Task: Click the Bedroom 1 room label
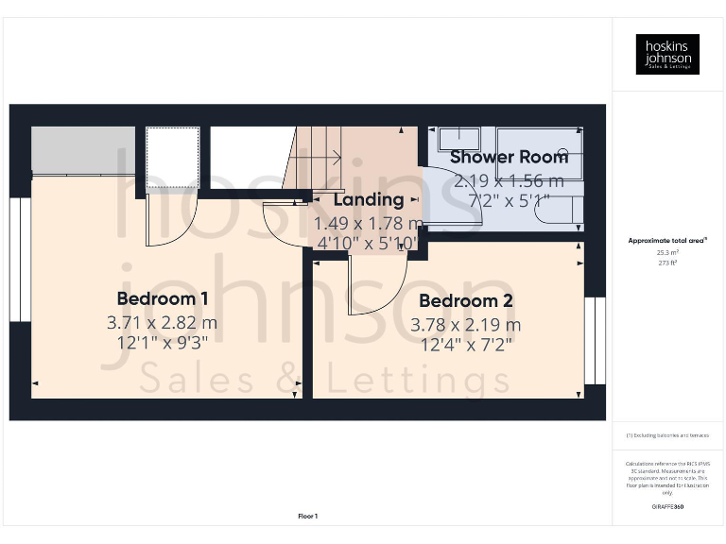tap(162, 298)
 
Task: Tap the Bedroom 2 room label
tap(466, 301)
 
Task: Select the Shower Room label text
tap(509, 157)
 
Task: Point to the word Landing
tap(369, 199)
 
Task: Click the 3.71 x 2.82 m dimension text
tap(162, 322)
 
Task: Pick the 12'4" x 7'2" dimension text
tap(466, 345)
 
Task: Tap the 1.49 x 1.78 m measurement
tap(369, 223)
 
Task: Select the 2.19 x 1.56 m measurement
tap(509, 179)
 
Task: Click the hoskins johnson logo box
tap(667, 54)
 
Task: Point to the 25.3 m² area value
tap(667, 253)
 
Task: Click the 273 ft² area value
tap(667, 263)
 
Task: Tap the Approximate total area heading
tap(667, 241)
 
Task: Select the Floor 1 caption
tap(307, 517)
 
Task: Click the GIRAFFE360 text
tap(667, 507)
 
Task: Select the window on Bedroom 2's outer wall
tap(594, 340)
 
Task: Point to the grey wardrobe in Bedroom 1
tap(82, 149)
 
